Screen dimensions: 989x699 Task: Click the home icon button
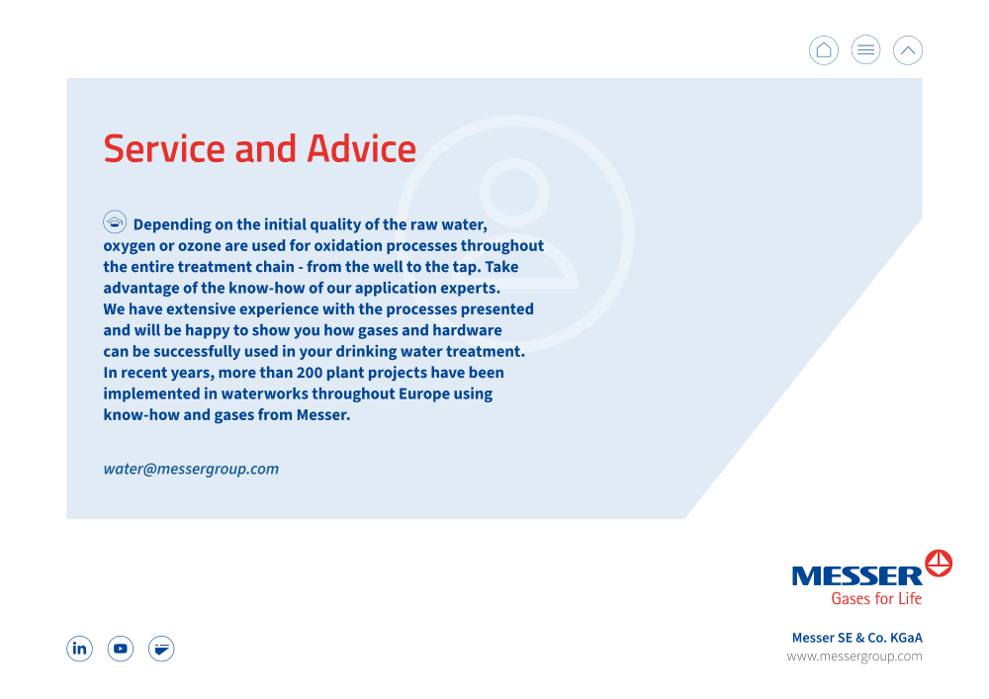[824, 50]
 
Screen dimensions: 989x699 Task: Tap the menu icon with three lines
[866, 50]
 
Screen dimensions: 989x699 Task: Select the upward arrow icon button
[908, 50]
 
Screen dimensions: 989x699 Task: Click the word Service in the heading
[164, 148]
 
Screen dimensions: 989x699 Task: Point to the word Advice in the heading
[361, 148]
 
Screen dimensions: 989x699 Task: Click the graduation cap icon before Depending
[115, 221]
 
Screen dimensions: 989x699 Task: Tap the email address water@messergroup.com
[191, 469]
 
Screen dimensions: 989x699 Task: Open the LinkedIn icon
[79, 649]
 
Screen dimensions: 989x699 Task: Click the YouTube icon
[121, 649]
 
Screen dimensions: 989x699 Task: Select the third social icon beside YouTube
[161, 649]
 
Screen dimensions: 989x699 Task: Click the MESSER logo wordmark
[857, 576]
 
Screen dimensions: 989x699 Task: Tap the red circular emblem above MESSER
[939, 563]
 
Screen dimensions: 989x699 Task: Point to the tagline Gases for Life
[876, 598]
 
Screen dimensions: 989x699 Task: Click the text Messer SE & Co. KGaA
[857, 638]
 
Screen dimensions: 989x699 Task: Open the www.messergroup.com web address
[854, 656]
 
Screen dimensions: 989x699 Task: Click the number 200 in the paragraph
[310, 373]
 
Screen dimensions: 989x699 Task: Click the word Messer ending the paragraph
[323, 414]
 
